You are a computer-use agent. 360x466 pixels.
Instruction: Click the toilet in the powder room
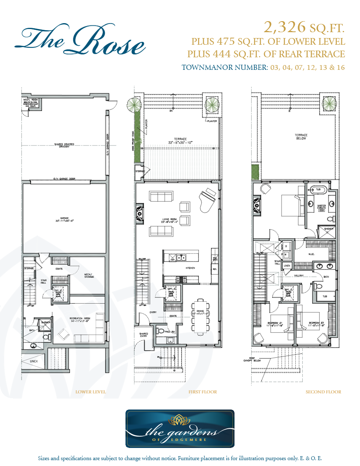click(160, 331)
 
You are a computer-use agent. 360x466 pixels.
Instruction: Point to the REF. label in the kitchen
click(215, 269)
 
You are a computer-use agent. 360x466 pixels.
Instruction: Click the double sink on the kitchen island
click(180, 258)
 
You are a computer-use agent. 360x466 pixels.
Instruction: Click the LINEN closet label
click(287, 266)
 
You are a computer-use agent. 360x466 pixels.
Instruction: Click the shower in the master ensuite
click(329, 231)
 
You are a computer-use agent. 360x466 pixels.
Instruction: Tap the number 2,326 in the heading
click(284, 27)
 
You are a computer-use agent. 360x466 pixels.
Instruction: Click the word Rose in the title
click(112, 41)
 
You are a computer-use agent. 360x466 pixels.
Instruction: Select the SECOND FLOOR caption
click(323, 392)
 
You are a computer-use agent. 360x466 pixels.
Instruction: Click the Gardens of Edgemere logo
click(180, 429)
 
